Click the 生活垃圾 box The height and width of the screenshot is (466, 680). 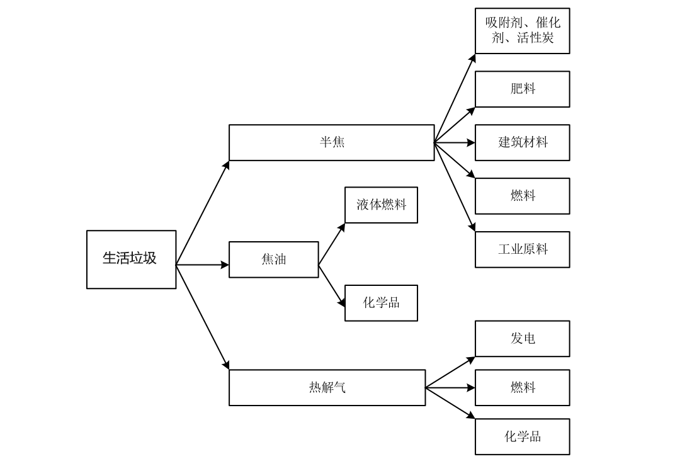[131, 259]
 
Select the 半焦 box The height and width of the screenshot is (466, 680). [331, 142]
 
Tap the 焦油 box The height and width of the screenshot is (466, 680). [273, 259]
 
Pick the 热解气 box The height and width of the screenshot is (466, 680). [327, 387]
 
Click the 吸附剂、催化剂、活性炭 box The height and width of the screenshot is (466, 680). [522, 31]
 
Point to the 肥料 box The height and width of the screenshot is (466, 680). [522, 89]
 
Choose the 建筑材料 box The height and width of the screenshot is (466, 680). [522, 142]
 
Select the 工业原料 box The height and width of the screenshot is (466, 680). [522, 249]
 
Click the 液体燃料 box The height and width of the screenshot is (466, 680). [381, 205]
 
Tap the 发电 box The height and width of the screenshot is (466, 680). [522, 339]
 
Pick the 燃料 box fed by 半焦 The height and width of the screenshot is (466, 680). [522, 196]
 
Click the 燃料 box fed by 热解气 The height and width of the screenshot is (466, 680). [522, 387]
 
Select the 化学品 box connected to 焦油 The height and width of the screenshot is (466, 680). [381, 303]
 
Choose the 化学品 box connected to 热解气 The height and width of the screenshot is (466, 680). [522, 436]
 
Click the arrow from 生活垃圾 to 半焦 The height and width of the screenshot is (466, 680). [202, 213]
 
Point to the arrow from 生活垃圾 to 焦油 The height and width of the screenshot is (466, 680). [202, 265]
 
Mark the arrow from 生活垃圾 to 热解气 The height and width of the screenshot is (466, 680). [202, 317]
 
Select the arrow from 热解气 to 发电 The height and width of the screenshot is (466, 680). [450, 372]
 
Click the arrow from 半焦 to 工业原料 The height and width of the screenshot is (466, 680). [455, 188]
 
